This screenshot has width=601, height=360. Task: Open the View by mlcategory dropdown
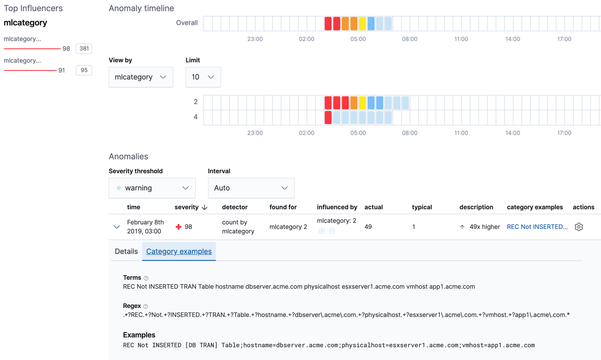(x=140, y=77)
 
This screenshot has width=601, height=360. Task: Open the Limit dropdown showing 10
(x=203, y=77)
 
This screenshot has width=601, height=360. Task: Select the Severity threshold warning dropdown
(x=152, y=188)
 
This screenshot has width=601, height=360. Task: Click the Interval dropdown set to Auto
(x=251, y=188)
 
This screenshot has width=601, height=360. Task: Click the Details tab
(x=126, y=251)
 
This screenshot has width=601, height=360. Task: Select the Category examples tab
(x=179, y=251)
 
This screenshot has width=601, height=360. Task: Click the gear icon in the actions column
(x=578, y=227)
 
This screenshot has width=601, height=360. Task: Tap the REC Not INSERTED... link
(x=537, y=227)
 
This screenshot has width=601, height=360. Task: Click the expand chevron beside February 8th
(x=117, y=227)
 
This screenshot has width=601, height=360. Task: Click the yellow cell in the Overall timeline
(x=362, y=24)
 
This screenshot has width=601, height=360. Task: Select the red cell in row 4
(x=328, y=118)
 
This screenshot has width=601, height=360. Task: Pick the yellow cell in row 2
(x=362, y=102)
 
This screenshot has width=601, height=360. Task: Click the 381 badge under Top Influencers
(x=84, y=48)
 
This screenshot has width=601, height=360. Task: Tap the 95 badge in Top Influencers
(x=84, y=70)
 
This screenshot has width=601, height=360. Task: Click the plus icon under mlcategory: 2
(x=322, y=231)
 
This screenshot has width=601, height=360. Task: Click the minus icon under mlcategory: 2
(x=332, y=231)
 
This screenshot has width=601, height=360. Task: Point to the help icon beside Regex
(x=146, y=306)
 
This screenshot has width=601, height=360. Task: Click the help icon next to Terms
(x=146, y=278)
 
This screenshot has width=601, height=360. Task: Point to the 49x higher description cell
(x=480, y=227)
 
